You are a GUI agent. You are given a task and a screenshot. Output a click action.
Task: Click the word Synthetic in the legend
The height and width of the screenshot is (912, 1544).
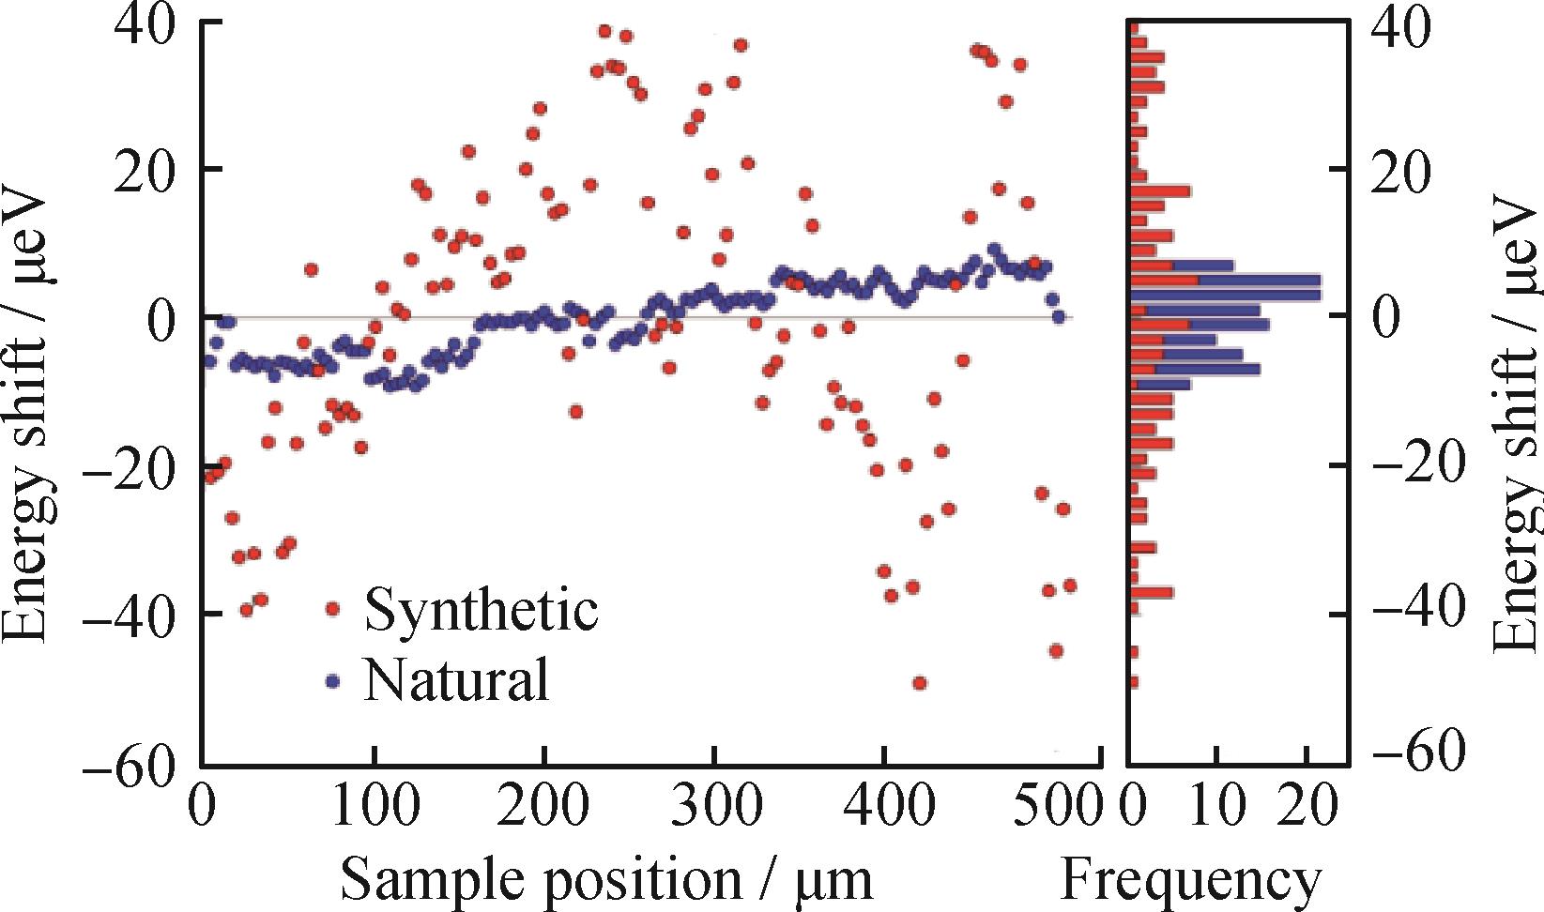pos(481,611)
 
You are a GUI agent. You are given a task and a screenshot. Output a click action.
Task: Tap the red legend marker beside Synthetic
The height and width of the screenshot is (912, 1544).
pos(330,609)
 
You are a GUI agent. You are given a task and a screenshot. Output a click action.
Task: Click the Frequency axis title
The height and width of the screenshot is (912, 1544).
pos(1190,879)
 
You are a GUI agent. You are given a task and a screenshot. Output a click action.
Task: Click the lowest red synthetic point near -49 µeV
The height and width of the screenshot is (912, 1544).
pos(920,683)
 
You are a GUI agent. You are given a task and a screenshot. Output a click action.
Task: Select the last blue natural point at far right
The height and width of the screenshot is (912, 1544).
pos(1059,317)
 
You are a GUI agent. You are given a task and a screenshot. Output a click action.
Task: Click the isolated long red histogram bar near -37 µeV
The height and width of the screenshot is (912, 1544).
pos(1152,592)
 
